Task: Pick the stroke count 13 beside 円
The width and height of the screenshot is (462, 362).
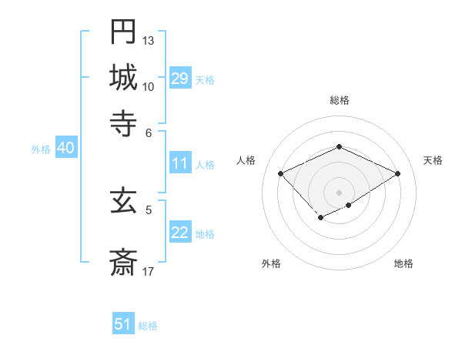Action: (149, 40)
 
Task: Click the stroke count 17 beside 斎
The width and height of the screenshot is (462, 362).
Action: (149, 271)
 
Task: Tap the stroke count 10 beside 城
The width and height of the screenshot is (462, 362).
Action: (149, 85)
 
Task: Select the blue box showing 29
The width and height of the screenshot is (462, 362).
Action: (179, 79)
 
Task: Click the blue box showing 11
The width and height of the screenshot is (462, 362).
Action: (179, 163)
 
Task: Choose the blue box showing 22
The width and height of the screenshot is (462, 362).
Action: (179, 233)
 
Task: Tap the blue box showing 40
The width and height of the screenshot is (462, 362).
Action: (65, 149)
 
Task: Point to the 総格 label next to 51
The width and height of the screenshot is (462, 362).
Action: (148, 326)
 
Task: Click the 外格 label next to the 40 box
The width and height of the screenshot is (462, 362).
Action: (41, 149)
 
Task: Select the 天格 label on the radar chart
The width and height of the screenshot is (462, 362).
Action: (433, 160)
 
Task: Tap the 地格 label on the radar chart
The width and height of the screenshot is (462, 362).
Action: (403, 263)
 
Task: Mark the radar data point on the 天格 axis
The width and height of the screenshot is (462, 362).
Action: (397, 173)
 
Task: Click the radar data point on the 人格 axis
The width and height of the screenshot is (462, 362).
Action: (281, 173)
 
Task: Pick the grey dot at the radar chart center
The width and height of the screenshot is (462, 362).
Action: (339, 192)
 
